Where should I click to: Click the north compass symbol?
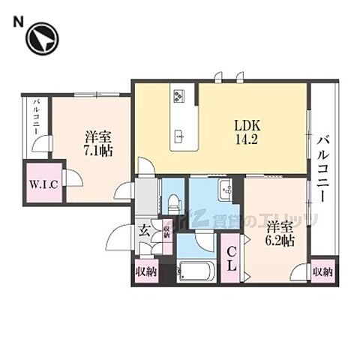click(x=42, y=41)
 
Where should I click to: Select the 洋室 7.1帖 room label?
click(x=98, y=144)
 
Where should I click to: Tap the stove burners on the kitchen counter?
click(x=181, y=95)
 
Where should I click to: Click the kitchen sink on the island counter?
click(x=181, y=136)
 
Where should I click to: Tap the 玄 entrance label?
click(x=145, y=231)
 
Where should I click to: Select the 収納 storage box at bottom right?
click(x=322, y=271)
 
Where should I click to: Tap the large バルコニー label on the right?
click(x=324, y=165)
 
